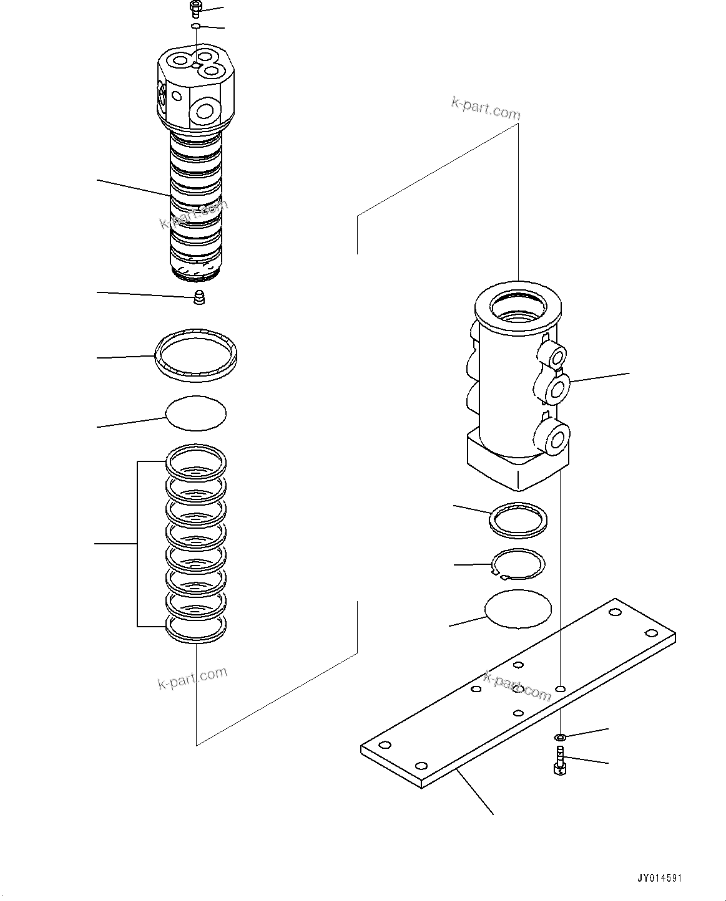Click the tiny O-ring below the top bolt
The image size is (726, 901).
click(x=195, y=26)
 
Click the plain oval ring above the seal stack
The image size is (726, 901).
click(x=195, y=413)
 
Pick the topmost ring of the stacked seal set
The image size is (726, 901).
click(x=195, y=461)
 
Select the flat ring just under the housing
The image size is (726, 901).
click(x=518, y=519)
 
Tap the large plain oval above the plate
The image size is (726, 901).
click(x=518, y=609)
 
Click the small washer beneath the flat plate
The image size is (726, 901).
click(x=560, y=737)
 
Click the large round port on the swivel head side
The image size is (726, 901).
click(x=205, y=112)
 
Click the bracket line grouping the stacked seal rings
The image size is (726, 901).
click(x=137, y=544)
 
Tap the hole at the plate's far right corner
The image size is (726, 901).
click(x=651, y=633)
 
